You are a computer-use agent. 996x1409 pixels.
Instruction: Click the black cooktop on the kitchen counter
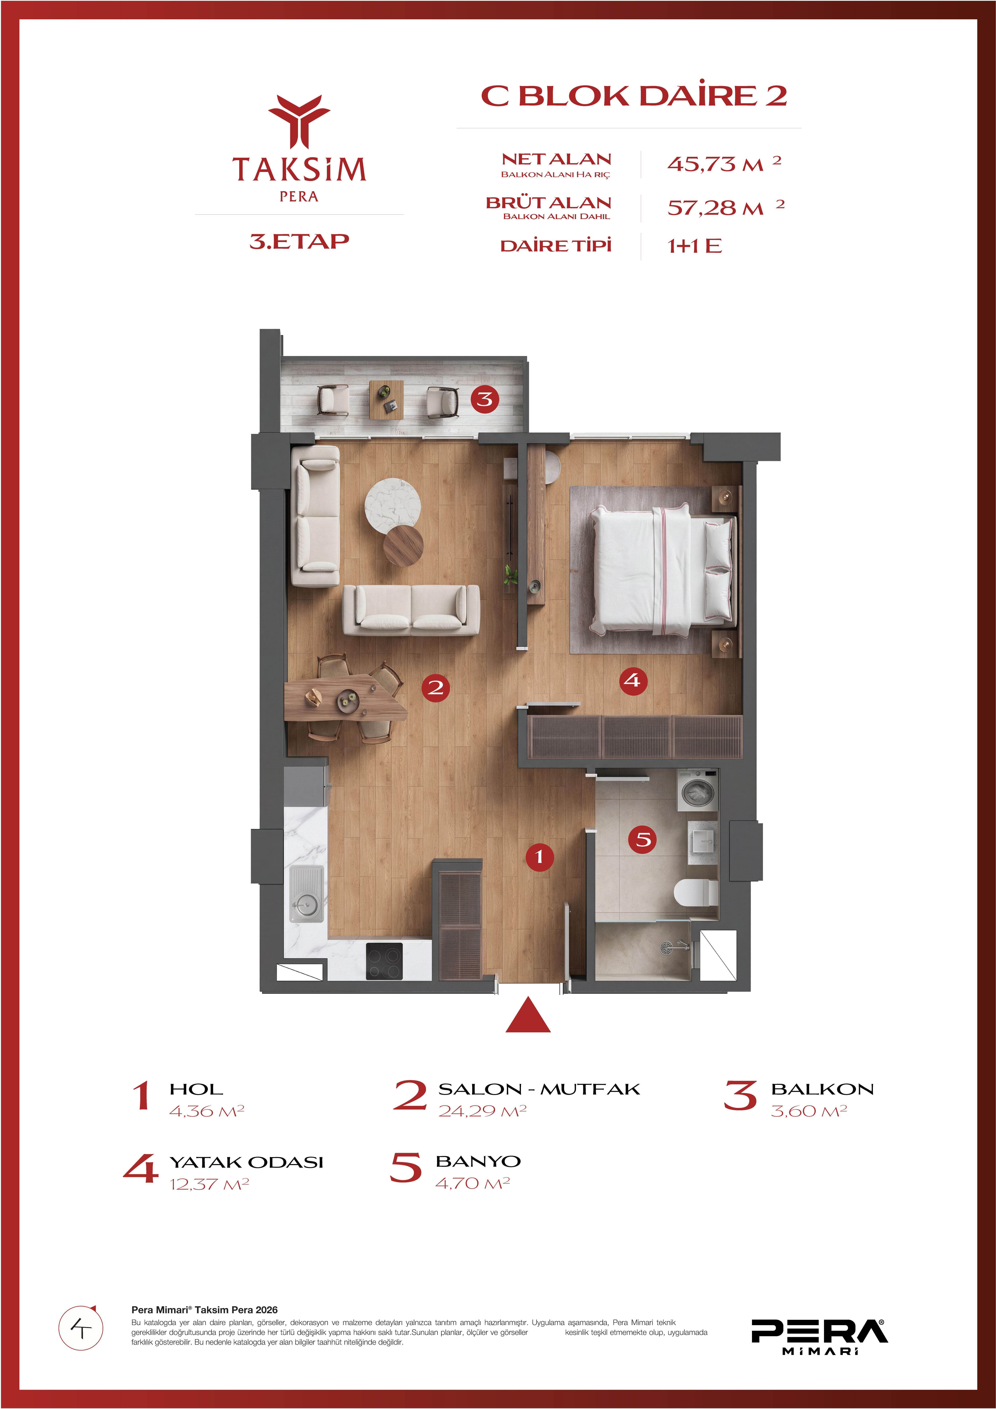tap(384, 961)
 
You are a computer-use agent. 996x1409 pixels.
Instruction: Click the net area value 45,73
tap(701, 164)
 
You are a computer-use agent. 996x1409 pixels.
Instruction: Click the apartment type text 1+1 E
tap(694, 246)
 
